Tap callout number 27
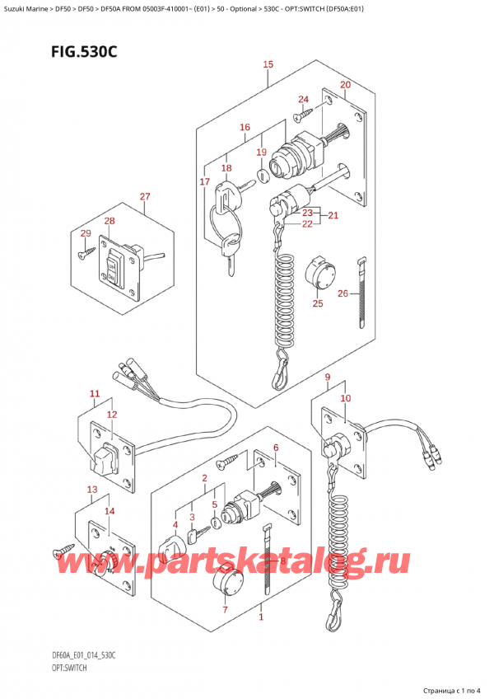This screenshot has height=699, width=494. pos(145,196)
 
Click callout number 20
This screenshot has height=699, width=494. pos(345,85)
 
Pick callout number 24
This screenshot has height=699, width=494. pos(303,100)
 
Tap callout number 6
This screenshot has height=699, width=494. pos(276,448)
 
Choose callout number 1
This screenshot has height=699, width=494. pos(262,617)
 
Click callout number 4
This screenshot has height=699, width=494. pos(175,524)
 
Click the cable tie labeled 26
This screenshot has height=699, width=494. pos(360,293)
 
